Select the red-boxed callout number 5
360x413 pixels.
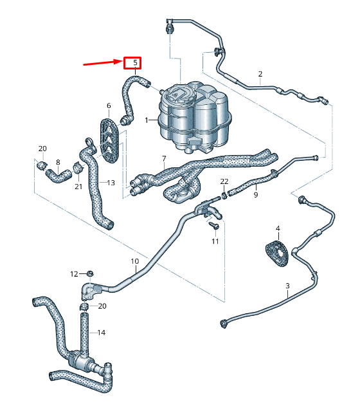(132, 63)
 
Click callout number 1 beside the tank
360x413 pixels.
(147, 120)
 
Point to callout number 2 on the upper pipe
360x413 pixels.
(260, 74)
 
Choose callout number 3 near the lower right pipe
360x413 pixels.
(287, 285)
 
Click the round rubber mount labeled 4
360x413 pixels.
(278, 253)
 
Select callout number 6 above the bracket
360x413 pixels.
(109, 106)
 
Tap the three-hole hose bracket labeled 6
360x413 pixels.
(111, 138)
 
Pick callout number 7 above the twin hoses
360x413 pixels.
(164, 158)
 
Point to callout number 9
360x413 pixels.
(255, 195)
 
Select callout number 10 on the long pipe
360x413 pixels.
(135, 261)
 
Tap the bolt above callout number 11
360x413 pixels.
(213, 226)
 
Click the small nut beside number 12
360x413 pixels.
(91, 274)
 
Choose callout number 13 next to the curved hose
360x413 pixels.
(111, 183)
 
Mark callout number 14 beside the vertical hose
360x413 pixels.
(102, 333)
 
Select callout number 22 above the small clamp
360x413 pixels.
(224, 181)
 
